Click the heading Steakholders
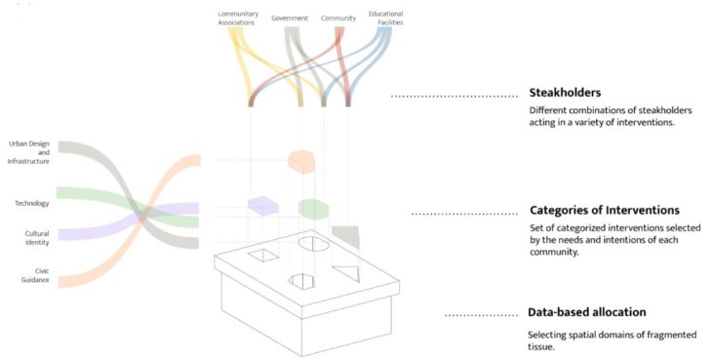(566, 93)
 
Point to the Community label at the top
(338, 18)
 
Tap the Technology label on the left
(32, 203)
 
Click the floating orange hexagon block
(304, 161)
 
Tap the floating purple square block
(263, 206)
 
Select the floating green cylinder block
(313, 209)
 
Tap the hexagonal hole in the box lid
(303, 281)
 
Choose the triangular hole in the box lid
(346, 273)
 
